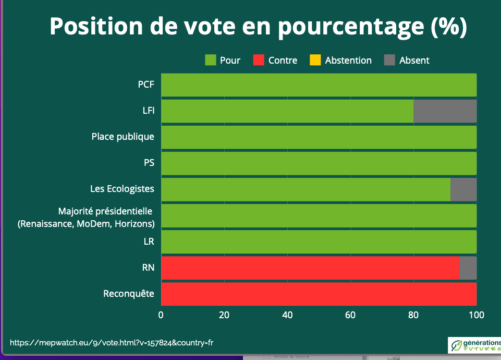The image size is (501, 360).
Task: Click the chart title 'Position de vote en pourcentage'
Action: tap(258, 27)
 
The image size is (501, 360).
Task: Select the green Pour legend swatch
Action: tap(211, 60)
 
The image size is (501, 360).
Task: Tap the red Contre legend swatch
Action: tap(259, 60)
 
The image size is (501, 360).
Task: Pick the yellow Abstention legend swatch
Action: tap(315, 60)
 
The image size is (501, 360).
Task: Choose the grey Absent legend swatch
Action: tap(390, 60)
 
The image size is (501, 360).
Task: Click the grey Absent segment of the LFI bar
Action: tap(445, 111)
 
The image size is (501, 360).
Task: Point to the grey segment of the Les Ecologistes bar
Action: tap(463, 189)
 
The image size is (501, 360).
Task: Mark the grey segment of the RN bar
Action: tap(468, 268)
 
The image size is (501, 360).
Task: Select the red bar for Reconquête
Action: tap(319, 294)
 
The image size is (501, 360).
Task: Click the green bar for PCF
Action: tap(319, 85)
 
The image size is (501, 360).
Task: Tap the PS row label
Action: tap(149, 163)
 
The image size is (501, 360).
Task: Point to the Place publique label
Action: tap(123, 137)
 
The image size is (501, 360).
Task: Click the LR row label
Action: tap(149, 242)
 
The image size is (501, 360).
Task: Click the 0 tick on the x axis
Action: tap(161, 315)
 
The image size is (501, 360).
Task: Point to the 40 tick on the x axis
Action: tap(287, 315)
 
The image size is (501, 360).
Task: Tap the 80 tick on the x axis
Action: tap(413, 315)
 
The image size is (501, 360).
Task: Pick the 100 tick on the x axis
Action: tap(476, 315)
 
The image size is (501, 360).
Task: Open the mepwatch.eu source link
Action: tap(112, 343)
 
